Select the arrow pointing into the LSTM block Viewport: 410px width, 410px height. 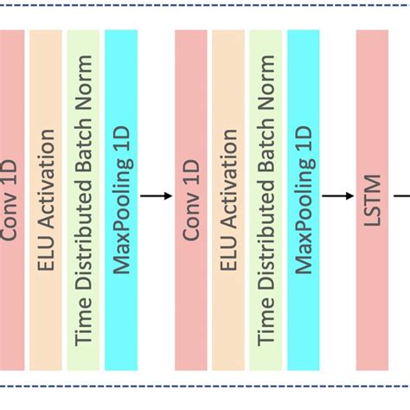(x=332, y=195)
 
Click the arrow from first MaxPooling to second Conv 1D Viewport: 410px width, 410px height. (x=155, y=195)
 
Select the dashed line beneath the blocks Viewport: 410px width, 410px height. (x=205, y=386)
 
